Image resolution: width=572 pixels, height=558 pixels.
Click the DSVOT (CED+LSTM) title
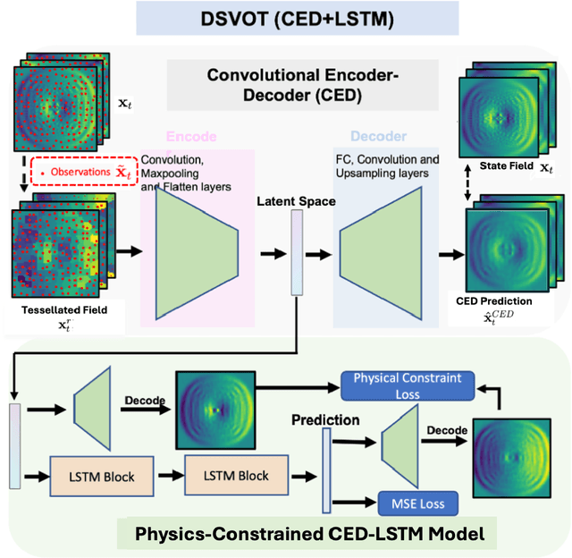(286, 17)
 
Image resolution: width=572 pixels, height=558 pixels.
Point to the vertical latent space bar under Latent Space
(298, 256)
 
